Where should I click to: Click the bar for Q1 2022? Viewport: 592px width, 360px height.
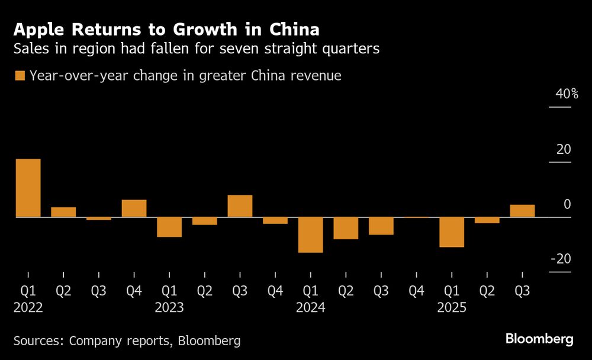point(28,188)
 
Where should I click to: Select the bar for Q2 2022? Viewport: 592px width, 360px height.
point(63,212)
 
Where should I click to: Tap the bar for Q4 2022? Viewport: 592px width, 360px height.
point(134,208)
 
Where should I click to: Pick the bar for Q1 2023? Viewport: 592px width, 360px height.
point(169,227)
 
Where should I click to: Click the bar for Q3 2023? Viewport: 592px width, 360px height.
point(240,206)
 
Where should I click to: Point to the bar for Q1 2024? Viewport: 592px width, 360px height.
point(310,235)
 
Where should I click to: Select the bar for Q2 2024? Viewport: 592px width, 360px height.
point(346,229)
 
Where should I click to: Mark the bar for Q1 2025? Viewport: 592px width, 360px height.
point(452,232)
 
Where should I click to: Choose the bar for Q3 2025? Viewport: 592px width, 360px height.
point(522,211)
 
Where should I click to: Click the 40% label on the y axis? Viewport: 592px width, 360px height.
point(567,94)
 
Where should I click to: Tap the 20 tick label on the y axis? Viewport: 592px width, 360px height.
point(564,149)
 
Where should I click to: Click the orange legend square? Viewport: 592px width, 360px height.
point(20,76)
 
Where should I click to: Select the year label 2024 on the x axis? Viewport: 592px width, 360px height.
point(311,308)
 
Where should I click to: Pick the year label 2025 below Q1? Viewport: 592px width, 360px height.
point(452,308)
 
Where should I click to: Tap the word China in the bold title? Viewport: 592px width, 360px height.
point(294,29)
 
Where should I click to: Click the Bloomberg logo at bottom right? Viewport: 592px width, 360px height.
point(539,339)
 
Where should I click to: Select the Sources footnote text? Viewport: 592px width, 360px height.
point(127,340)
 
